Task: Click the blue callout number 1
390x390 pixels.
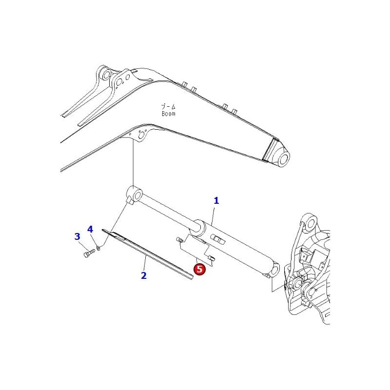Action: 216,200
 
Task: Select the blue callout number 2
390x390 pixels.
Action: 144,275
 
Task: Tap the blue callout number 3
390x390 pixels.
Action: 77,237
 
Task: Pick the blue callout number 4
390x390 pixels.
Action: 90,229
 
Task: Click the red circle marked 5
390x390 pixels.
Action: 200,269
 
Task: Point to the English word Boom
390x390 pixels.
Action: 168,114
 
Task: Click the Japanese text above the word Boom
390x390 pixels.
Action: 168,106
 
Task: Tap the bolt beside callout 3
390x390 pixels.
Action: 88,253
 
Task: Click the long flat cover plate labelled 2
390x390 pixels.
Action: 146,253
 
